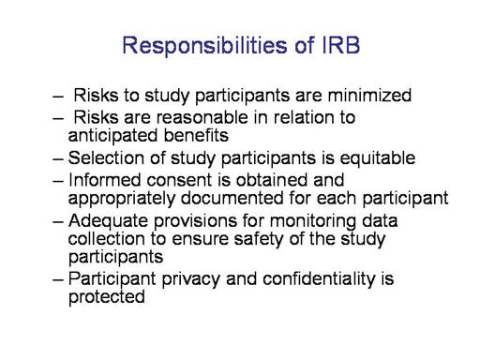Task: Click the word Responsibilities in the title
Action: point(204,46)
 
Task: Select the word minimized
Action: point(369,95)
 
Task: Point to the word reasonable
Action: point(202,117)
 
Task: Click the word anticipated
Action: point(112,136)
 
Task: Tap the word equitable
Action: point(378,158)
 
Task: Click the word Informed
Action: point(104,180)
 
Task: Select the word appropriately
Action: point(122,199)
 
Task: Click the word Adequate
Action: point(108,221)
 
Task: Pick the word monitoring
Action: point(313,221)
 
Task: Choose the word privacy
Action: point(191,279)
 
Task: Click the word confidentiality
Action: point(319,279)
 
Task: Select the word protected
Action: point(107,297)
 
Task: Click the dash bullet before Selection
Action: point(58,158)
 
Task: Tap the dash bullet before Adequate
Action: point(58,221)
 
